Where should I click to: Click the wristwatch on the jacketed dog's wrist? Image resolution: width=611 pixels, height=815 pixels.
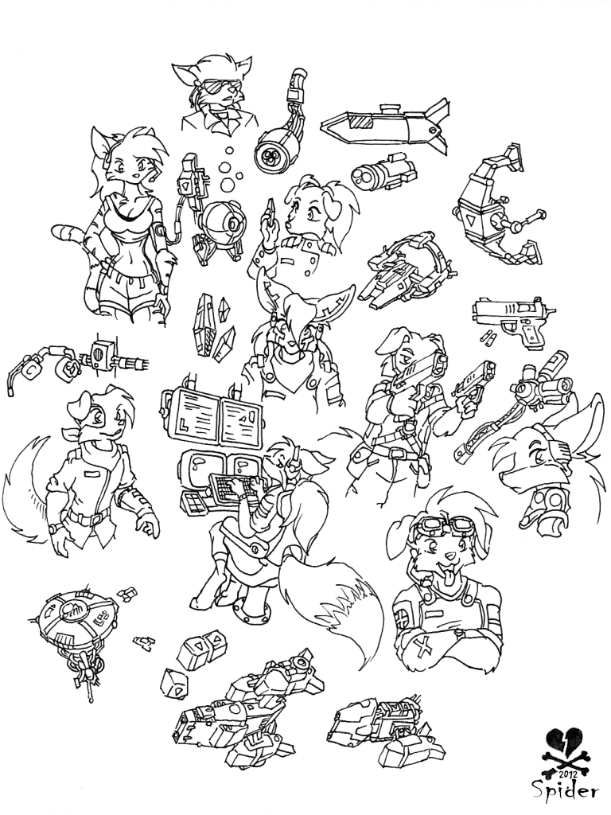53,529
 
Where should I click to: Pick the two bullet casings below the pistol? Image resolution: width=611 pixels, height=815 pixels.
487,337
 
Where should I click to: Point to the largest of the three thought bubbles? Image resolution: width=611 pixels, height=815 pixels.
228,183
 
